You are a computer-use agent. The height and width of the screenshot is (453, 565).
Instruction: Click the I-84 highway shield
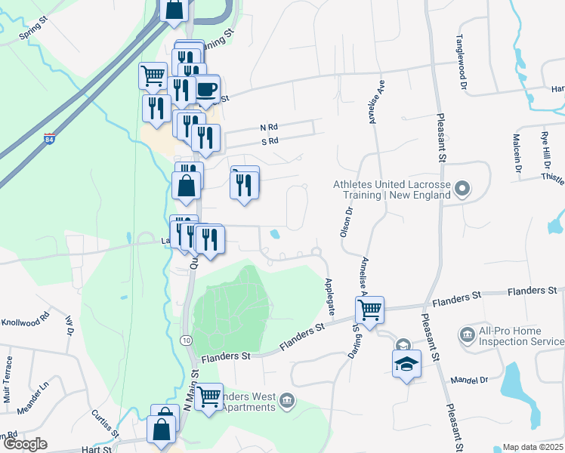pyautogui.click(x=49, y=140)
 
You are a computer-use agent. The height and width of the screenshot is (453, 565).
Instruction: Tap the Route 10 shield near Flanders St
pyautogui.click(x=186, y=341)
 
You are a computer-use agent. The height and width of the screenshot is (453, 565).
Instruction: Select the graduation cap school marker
pyautogui.click(x=406, y=364)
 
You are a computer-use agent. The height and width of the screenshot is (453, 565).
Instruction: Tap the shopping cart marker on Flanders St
pyautogui.click(x=370, y=309)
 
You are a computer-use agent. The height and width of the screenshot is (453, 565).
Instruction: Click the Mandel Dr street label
pyautogui.click(x=465, y=381)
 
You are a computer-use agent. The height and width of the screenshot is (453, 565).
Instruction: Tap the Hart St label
pyautogui.click(x=96, y=448)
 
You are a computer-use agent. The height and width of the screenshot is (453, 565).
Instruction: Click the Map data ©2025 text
pyautogui.click(x=532, y=448)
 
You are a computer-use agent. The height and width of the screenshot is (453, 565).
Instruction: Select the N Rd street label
pyautogui.click(x=269, y=128)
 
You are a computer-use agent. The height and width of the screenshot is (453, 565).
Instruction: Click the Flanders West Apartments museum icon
pyautogui.click(x=286, y=399)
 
